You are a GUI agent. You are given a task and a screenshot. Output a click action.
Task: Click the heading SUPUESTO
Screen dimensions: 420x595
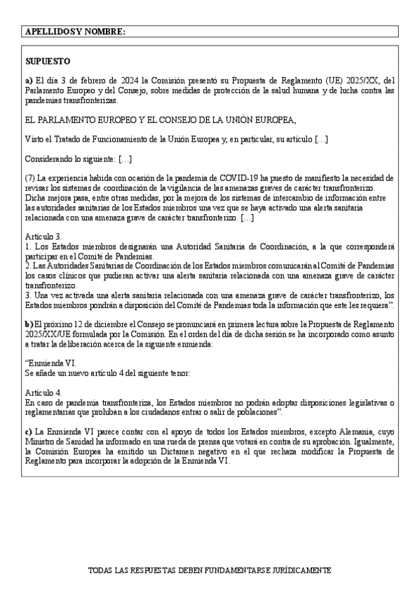tap(47, 62)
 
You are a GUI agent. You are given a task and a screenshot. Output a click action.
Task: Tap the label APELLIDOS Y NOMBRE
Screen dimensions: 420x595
tap(75, 32)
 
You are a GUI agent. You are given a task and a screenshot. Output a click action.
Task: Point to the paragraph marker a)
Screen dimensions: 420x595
tap(28, 81)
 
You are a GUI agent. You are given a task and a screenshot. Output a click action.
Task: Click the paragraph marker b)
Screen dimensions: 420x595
tap(28, 323)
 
